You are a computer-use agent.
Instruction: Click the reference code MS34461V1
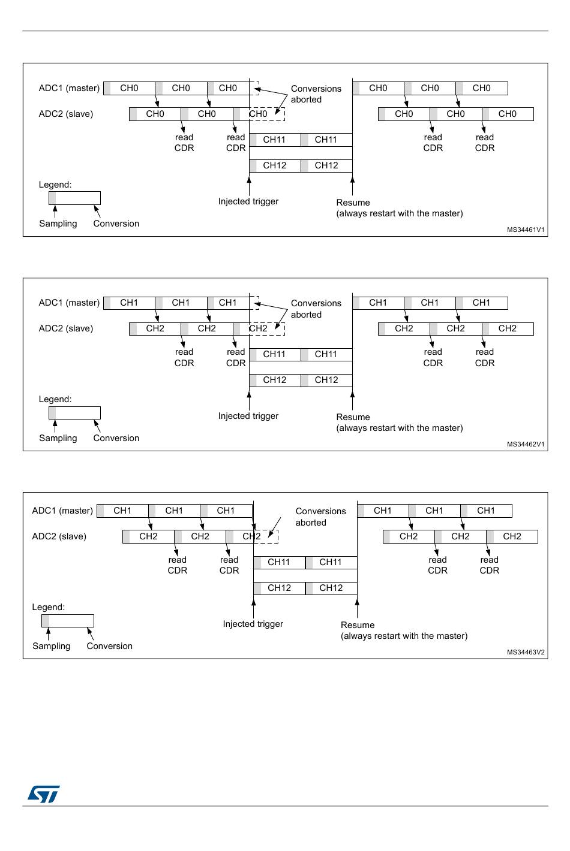pos(526,230)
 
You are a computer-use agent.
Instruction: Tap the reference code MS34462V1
pos(526,444)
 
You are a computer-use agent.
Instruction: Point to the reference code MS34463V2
pos(526,652)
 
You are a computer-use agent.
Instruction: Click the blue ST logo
pos(43,794)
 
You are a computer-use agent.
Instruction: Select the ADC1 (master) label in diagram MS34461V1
pos(69,88)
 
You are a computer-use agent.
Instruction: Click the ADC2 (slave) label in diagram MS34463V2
pos(59,536)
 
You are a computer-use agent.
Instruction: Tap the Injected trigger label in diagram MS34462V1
pos(248,416)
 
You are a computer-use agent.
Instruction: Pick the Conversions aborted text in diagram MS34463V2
pos(320,517)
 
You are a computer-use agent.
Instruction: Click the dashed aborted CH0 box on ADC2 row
pos(267,114)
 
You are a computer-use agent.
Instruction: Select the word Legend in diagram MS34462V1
pos(55,399)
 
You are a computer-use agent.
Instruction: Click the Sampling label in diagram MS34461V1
pos(58,224)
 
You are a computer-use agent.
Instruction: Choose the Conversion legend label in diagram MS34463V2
pos(109,646)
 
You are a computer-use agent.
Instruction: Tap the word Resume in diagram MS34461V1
pos(353,203)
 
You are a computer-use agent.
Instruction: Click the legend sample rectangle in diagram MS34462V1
pos(74,413)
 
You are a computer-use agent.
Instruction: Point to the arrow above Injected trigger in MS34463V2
pos(253,608)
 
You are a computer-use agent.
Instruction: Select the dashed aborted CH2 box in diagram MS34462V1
pos(267,328)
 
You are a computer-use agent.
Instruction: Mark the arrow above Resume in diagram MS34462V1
pos(352,400)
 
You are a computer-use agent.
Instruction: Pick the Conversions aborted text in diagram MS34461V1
pos(316,94)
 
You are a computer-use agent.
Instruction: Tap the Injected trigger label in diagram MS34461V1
pos(248,201)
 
